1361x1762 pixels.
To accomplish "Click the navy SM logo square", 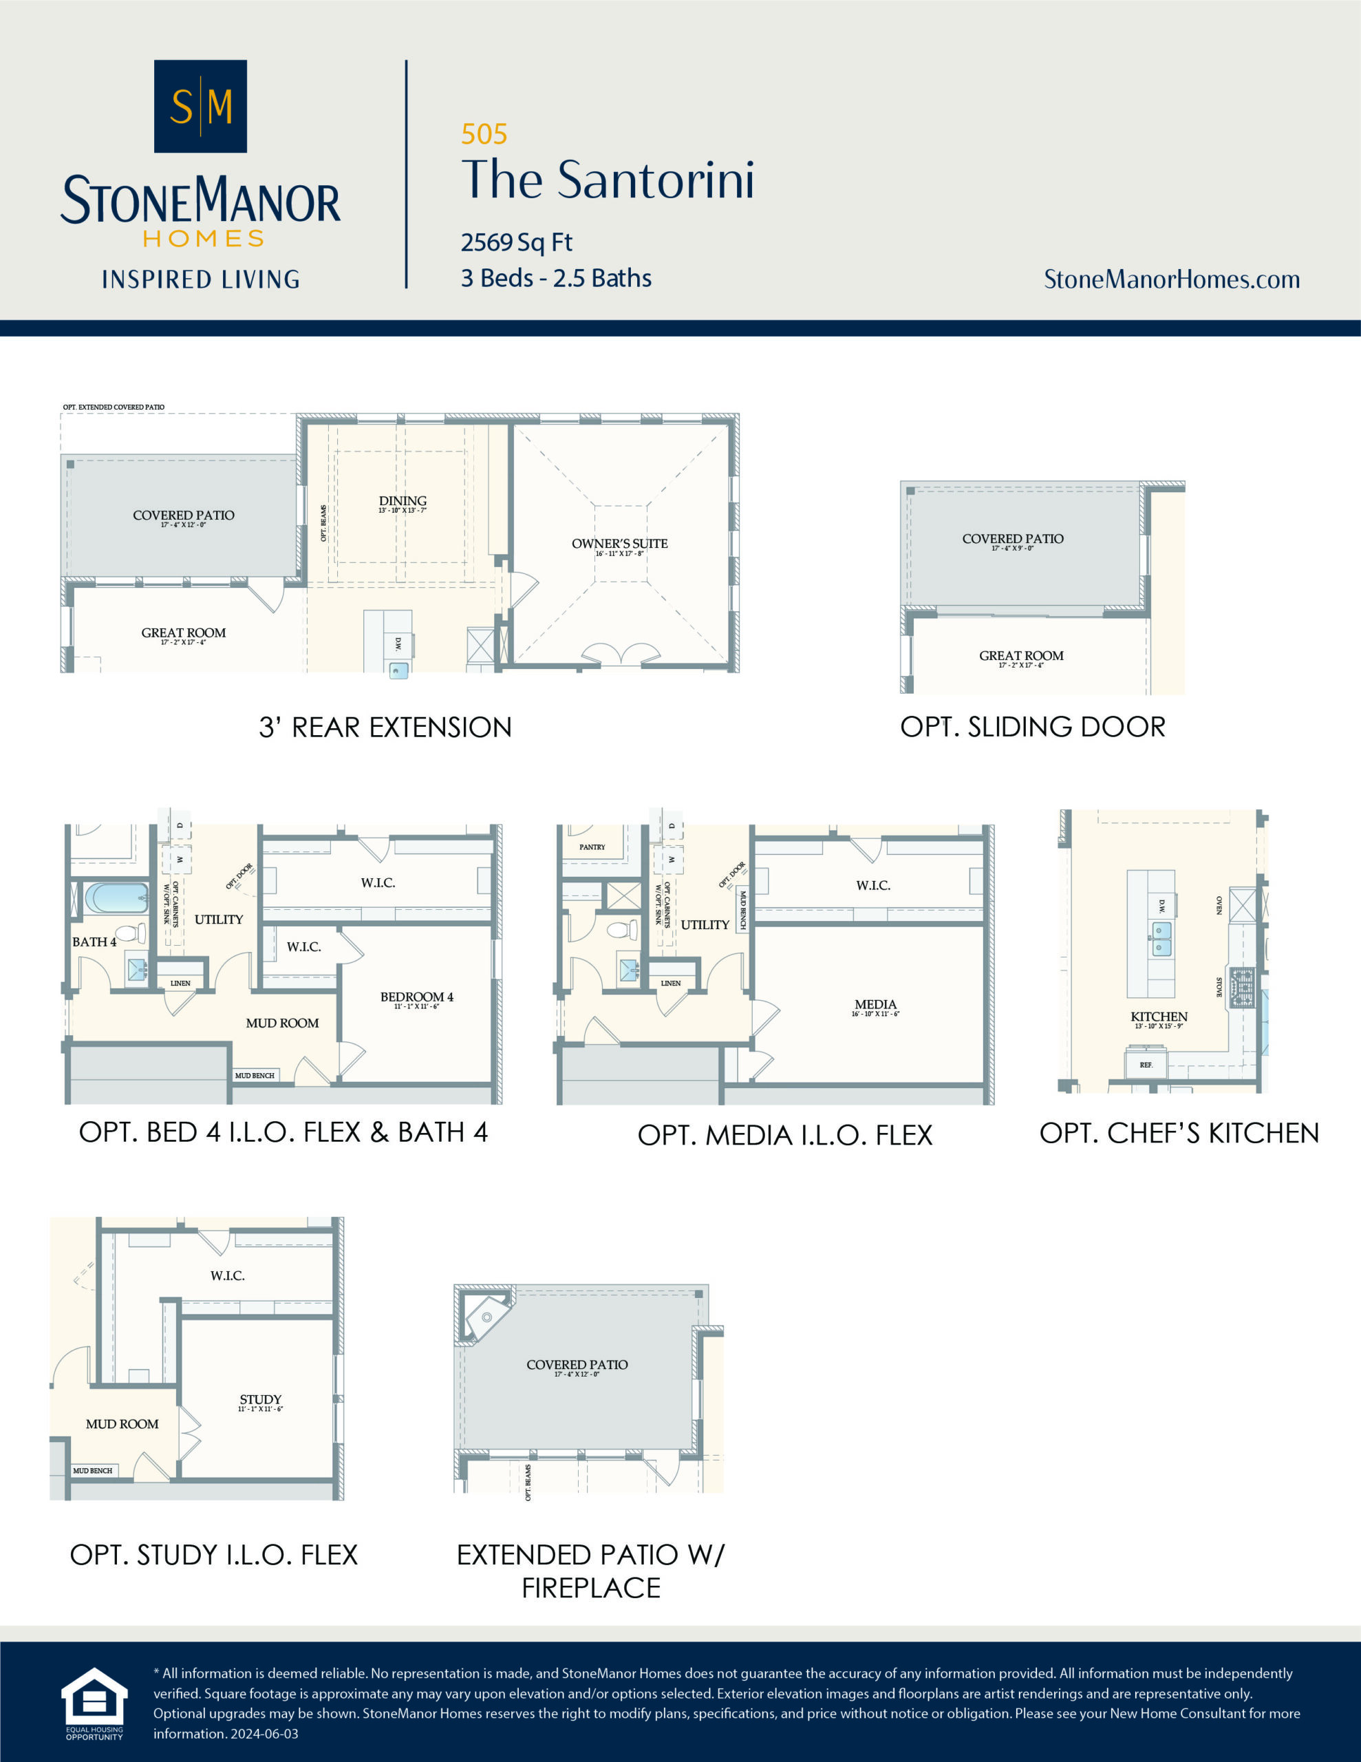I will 200,106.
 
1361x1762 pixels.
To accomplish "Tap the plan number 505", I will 484,134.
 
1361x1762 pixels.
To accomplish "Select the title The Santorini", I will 608,179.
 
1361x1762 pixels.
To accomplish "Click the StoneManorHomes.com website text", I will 1171,279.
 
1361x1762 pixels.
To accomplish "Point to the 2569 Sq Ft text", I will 516,242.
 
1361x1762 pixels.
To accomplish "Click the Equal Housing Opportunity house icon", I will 94,1697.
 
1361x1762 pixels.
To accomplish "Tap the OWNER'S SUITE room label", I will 619,544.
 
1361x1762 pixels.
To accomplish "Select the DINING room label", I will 403,501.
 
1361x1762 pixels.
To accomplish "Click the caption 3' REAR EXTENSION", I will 385,727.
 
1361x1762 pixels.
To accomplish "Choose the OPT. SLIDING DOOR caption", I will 1033,727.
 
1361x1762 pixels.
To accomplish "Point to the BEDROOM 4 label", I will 416,997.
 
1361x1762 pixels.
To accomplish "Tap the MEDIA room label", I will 875,1004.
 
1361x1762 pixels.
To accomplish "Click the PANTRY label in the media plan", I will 592,847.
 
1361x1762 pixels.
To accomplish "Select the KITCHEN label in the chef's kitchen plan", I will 1159,1017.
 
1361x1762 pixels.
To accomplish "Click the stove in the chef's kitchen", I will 1243,986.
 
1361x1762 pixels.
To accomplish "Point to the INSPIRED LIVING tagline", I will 200,279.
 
